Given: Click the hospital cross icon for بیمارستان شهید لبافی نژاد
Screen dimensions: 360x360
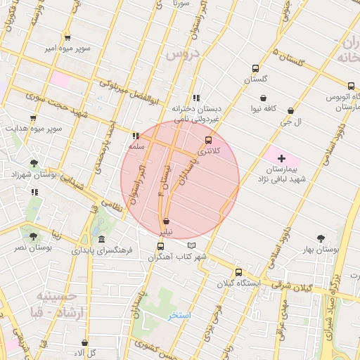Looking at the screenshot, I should click(x=282, y=159).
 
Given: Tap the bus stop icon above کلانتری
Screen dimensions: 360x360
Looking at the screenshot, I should click(x=207, y=140).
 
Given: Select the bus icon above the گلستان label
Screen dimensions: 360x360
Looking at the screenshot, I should click(x=255, y=69).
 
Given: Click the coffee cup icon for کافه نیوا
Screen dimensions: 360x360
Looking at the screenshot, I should click(x=263, y=98).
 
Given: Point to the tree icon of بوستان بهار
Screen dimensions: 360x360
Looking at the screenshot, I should click(x=321, y=238).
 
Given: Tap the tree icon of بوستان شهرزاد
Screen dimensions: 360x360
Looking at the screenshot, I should click(x=34, y=162).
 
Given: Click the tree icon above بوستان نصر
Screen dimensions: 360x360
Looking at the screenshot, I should click(x=33, y=237).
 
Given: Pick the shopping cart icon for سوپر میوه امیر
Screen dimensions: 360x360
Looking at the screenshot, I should click(x=67, y=38).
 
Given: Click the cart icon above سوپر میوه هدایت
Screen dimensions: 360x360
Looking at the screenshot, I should click(x=32, y=118).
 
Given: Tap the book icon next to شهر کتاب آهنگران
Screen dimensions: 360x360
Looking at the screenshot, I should click(x=192, y=245).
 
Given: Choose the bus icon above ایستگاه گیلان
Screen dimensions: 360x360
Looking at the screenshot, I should click(x=238, y=271).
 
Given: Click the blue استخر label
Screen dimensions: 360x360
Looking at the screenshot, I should click(x=179, y=316).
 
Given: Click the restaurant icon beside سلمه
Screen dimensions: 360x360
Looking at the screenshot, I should click(x=136, y=136).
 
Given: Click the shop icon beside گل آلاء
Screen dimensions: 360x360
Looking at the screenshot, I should click(x=84, y=343).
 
